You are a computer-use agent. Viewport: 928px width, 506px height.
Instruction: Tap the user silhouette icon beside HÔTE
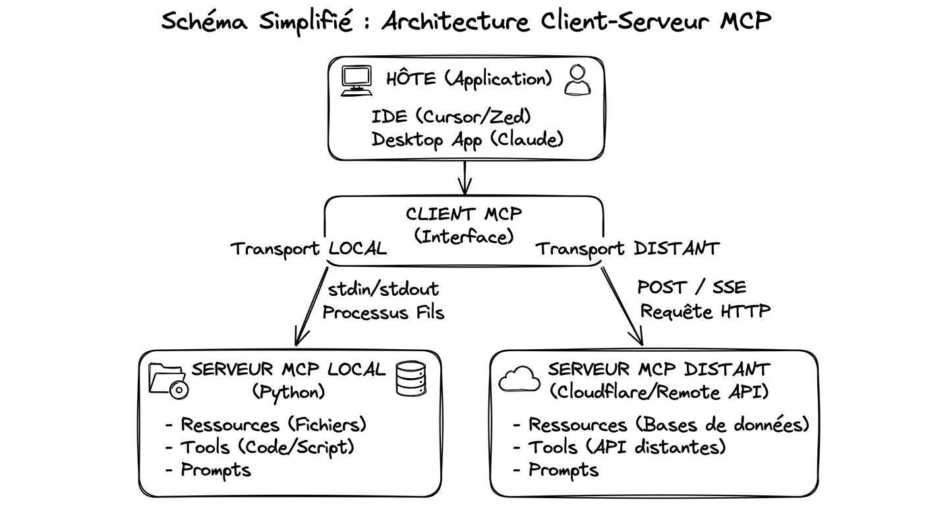pos(577,81)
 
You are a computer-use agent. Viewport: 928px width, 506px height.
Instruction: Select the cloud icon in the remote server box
pos(519,379)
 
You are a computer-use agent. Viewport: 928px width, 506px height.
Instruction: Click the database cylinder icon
pos(411,379)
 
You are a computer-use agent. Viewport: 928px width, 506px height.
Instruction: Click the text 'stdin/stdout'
pos(383,288)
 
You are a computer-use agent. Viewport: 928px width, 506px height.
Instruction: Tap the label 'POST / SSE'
pos(691,287)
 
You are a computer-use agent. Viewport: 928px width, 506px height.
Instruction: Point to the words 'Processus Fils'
pos(383,312)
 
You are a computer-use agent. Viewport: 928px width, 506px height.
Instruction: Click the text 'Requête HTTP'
pos(705,310)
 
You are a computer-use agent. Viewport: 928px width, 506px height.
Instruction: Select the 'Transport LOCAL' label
pos(308,249)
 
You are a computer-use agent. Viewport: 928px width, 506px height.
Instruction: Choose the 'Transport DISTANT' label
pos(627,248)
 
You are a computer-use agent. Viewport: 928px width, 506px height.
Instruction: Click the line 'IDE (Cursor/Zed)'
pos(451,117)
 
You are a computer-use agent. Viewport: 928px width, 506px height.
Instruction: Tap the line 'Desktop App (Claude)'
pos(467,140)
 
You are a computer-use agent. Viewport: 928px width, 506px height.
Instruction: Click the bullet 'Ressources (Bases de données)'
pos(660,424)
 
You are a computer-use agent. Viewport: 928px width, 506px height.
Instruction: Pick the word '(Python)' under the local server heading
pos(289,392)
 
